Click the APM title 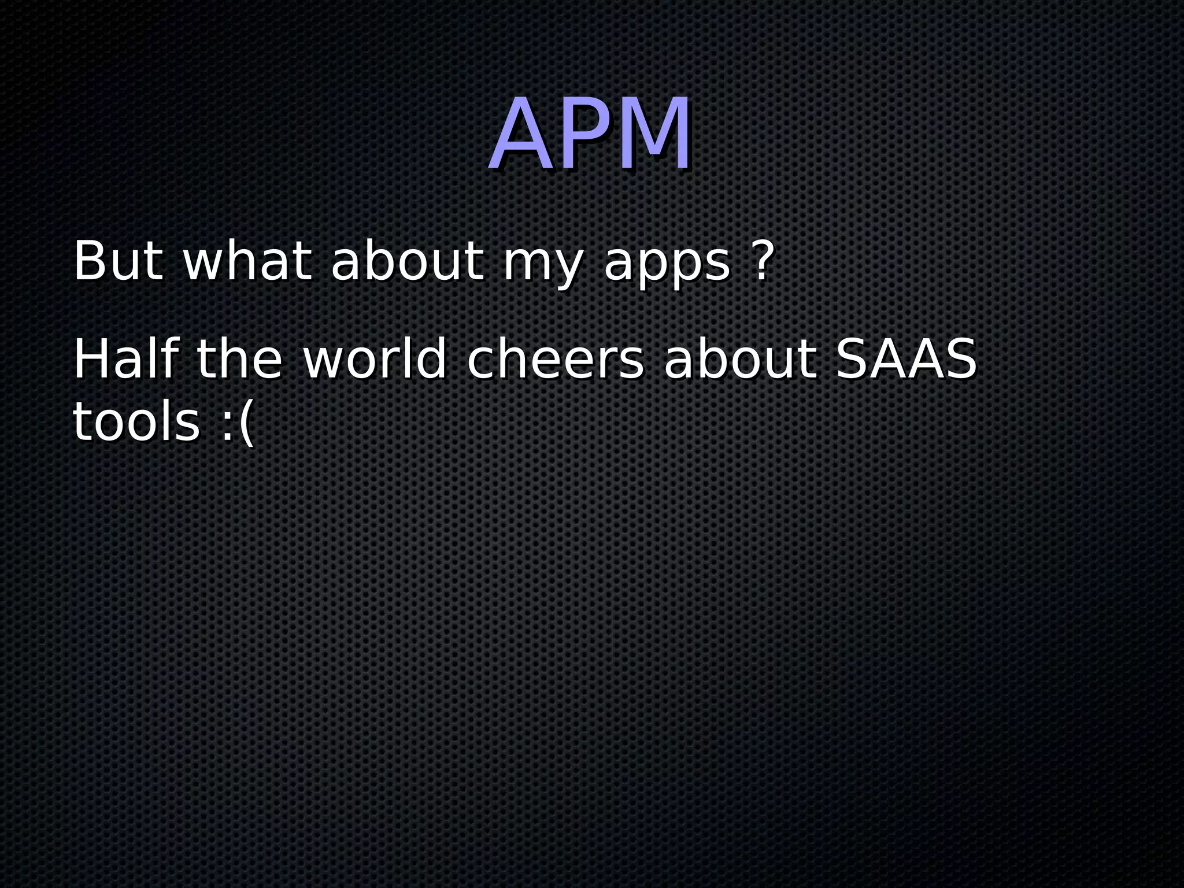click(591, 134)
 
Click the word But click(119, 262)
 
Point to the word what click(247, 262)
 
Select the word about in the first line click(406, 262)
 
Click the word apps click(667, 266)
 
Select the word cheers click(555, 361)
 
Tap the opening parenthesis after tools click(246, 424)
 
